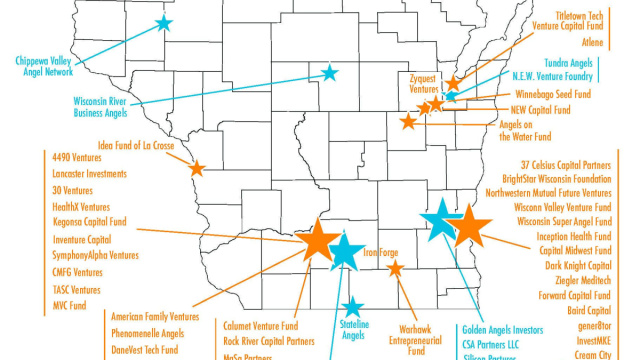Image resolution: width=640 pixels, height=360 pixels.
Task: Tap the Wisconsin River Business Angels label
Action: [113, 107]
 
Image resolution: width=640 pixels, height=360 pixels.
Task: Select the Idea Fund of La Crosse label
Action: [136, 145]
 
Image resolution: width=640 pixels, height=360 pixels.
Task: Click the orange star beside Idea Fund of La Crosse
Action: [196, 168]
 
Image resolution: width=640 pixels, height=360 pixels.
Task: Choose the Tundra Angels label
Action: [568, 62]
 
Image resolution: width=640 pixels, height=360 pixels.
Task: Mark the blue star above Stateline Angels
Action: [351, 308]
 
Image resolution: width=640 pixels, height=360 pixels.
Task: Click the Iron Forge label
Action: [381, 253]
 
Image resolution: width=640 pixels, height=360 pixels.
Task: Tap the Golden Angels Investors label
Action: [502, 328]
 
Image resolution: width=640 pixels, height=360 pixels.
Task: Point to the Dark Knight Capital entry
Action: [577, 266]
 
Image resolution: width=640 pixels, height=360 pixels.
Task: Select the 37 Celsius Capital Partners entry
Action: [566, 163]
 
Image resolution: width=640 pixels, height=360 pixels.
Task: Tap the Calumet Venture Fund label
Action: [261, 325]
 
